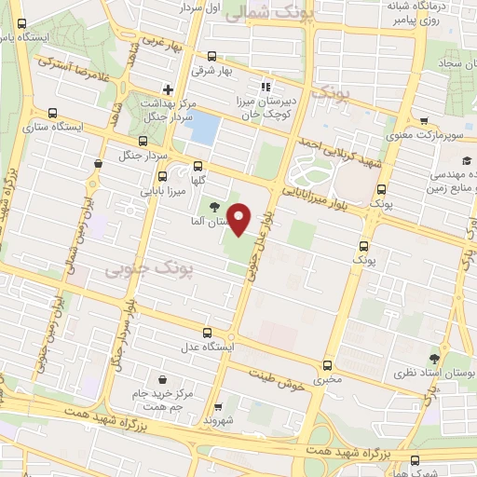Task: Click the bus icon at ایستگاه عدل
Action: (206, 333)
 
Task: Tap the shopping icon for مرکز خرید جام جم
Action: (164, 379)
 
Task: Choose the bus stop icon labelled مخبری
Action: (326, 364)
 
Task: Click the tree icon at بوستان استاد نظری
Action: (435, 356)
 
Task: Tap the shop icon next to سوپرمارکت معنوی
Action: (424, 121)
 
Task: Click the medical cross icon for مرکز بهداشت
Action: (167, 89)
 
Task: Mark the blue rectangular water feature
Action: (205, 128)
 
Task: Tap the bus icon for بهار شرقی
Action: (211, 55)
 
